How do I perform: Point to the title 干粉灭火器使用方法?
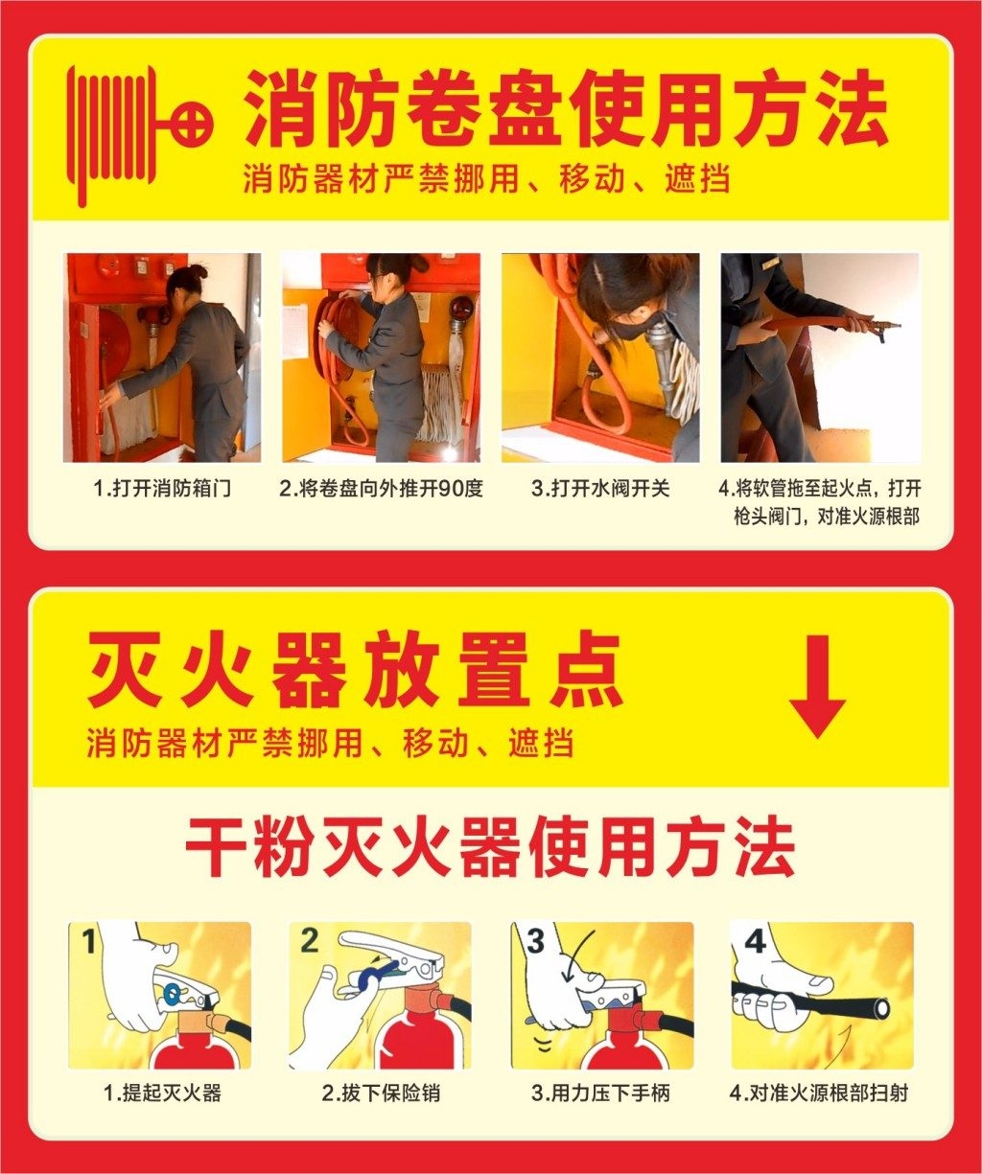(x=490, y=847)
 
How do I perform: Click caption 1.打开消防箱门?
(x=162, y=488)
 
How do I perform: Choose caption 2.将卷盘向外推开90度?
(x=381, y=488)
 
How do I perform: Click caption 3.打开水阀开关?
(x=600, y=488)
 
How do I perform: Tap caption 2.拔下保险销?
(x=381, y=1093)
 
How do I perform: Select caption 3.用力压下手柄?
(x=600, y=1093)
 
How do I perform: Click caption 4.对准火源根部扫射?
(x=819, y=1093)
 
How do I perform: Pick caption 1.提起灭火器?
(x=162, y=1093)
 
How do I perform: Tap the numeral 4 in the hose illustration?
(x=756, y=941)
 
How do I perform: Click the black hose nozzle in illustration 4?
(x=875, y=1007)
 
